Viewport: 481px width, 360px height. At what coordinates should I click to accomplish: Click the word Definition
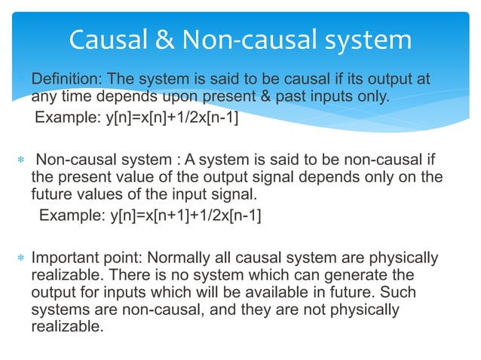pyautogui.click(x=63, y=81)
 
